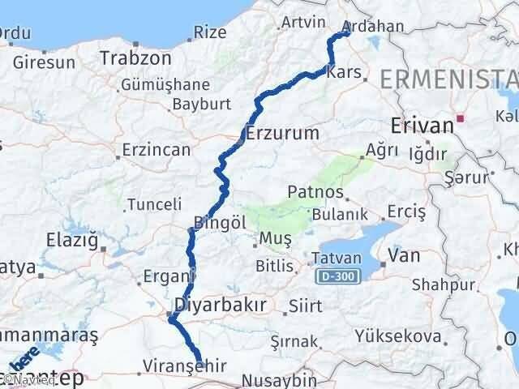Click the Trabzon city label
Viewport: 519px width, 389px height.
coord(135,58)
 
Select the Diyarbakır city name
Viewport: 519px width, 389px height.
coord(210,305)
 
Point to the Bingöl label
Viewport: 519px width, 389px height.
coord(215,222)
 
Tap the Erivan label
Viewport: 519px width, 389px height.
coord(421,126)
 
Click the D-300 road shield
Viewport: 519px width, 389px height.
coord(336,277)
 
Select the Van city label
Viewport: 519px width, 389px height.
coord(404,256)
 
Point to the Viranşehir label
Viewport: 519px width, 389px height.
coord(183,365)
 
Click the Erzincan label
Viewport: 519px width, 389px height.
coord(156,150)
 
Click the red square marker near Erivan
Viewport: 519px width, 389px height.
coord(460,118)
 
